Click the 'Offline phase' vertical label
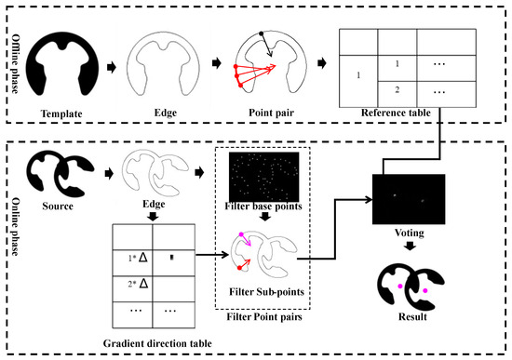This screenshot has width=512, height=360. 15,63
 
